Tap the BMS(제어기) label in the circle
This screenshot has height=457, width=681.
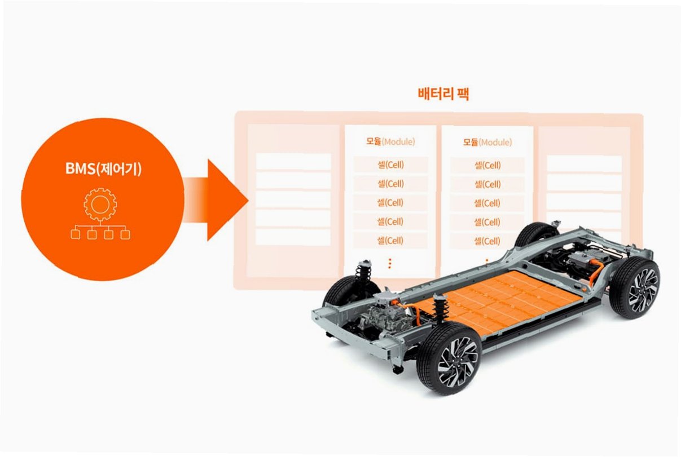[x=103, y=168]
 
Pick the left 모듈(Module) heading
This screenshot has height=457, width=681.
[x=390, y=141]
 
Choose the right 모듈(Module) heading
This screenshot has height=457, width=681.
[x=487, y=142]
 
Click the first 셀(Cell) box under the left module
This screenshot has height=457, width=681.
[x=390, y=165]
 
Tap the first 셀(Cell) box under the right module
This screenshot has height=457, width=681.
[x=487, y=165]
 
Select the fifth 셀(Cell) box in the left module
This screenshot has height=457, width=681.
[x=390, y=241]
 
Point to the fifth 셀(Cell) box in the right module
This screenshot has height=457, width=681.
[x=487, y=241]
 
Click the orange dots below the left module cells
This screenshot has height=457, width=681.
[x=390, y=263]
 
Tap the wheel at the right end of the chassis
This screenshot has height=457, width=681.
[x=635, y=287]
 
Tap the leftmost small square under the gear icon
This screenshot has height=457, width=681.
[x=75, y=234]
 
